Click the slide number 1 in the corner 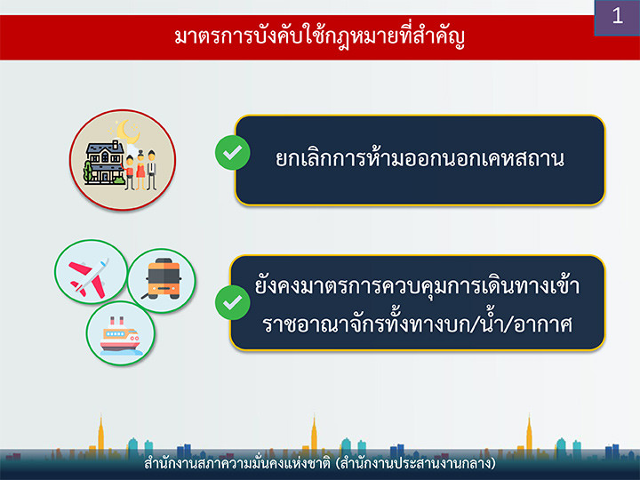click(x=617, y=16)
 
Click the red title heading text click(x=320, y=37)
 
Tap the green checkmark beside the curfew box click(x=233, y=153)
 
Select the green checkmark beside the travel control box click(x=233, y=302)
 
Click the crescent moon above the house click(x=127, y=131)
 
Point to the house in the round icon click(x=105, y=163)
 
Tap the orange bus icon click(x=164, y=278)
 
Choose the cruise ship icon click(x=121, y=334)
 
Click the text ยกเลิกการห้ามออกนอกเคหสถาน click(x=420, y=158)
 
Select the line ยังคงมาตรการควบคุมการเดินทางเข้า click(x=417, y=284)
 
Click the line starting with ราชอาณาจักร click(x=416, y=324)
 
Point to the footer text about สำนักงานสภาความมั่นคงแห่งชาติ click(x=320, y=464)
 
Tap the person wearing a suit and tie click(x=151, y=170)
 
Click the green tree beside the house click(x=88, y=172)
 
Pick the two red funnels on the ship click(x=116, y=320)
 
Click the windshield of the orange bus click(x=164, y=275)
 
